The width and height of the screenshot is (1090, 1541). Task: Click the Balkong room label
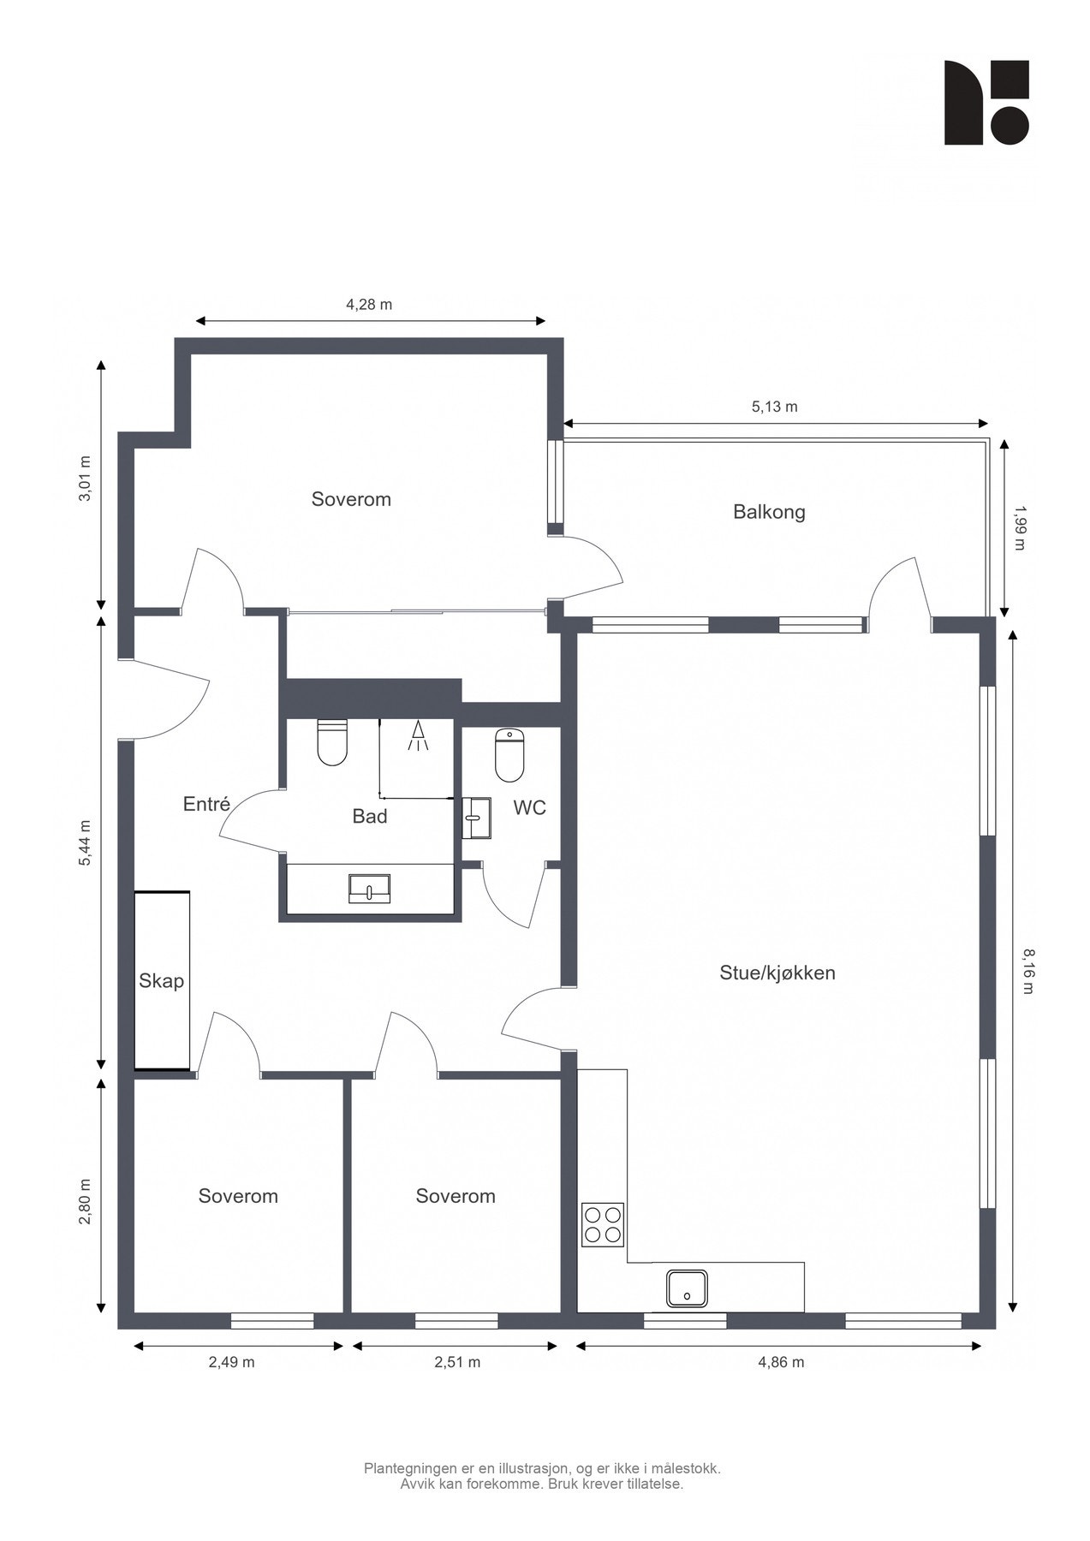[769, 513]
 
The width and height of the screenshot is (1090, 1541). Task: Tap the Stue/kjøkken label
[777, 973]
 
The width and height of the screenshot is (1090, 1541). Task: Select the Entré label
[206, 804]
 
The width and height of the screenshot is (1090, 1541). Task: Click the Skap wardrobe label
[162, 981]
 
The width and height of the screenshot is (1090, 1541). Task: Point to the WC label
[530, 808]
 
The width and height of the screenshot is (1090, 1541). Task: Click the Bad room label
[370, 817]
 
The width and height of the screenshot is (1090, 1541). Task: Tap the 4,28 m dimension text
[369, 305]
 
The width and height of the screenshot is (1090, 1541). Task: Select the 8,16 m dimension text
[1027, 971]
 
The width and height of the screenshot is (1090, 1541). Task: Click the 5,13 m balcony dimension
[775, 407]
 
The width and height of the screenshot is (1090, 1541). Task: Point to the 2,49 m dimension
[231, 1362]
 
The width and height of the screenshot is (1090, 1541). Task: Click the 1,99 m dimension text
[1018, 527]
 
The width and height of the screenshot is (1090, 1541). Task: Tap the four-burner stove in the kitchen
[603, 1224]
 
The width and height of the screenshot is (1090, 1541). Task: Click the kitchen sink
[688, 1289]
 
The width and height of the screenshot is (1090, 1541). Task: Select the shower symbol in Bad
[418, 736]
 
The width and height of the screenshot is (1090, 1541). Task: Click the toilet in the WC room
[509, 755]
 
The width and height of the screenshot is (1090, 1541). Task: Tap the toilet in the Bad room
[332, 742]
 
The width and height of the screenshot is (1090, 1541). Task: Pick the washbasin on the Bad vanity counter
[369, 889]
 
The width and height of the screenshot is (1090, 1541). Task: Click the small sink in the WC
[477, 818]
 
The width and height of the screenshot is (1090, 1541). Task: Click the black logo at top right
[986, 103]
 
